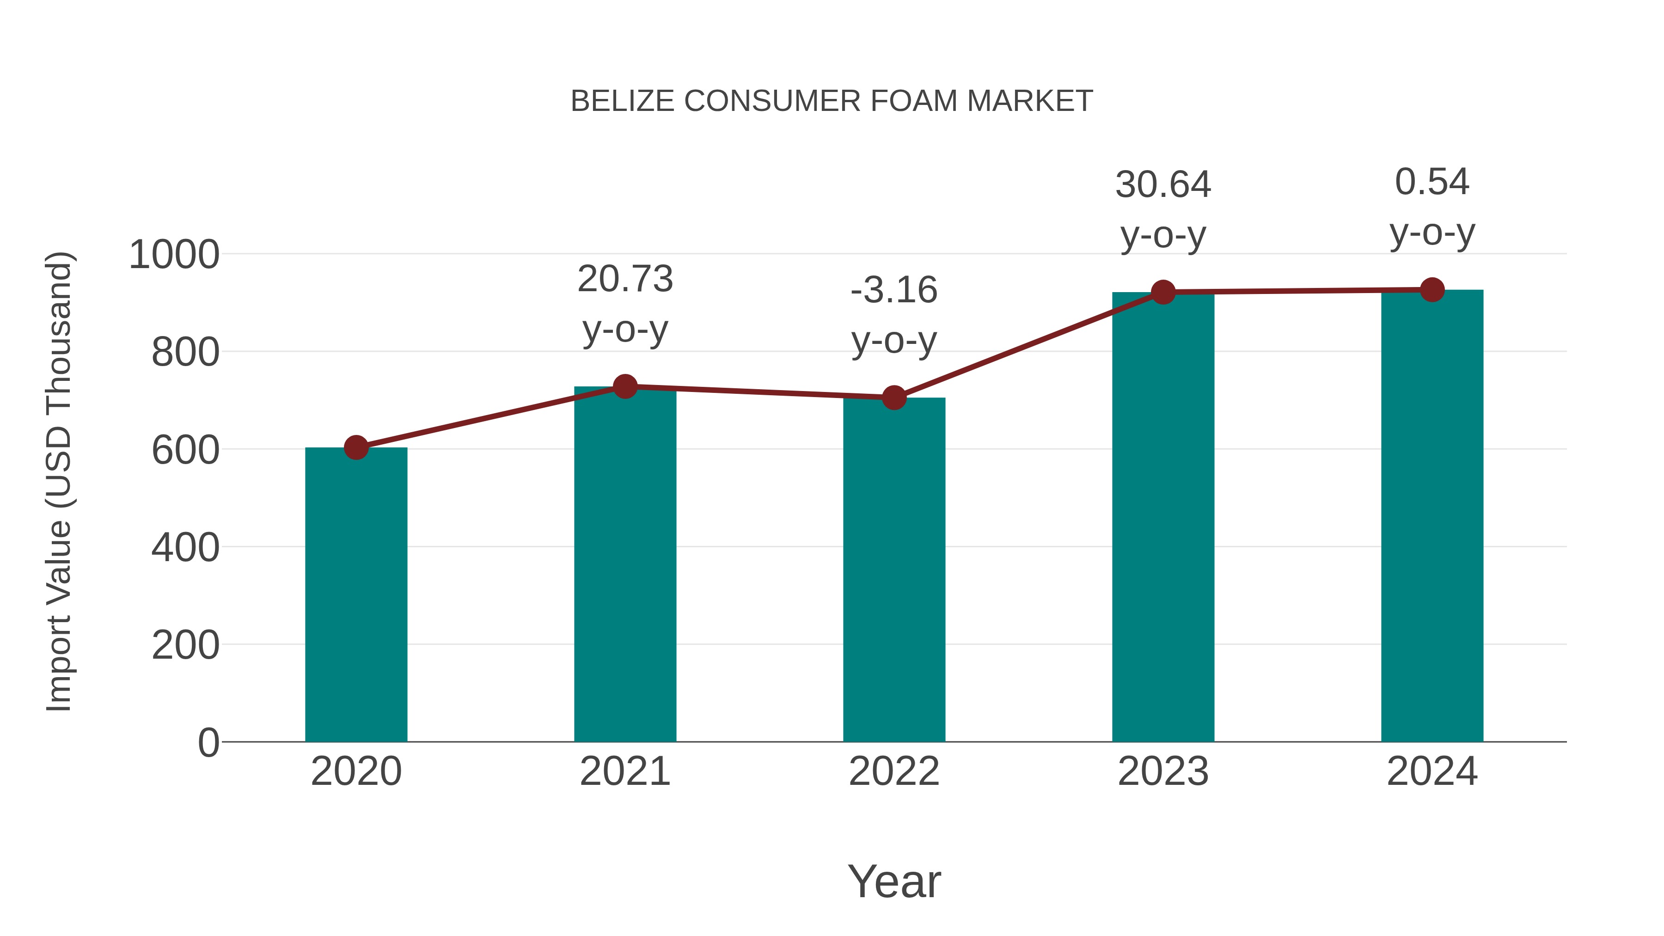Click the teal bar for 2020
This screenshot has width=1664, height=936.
356,594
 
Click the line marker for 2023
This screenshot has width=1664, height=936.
1163,292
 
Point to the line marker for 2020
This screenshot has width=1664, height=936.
356,447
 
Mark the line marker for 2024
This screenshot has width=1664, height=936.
1432,290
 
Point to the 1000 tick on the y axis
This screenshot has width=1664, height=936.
174,255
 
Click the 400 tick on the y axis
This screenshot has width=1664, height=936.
185,548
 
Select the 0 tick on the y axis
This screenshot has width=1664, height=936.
208,742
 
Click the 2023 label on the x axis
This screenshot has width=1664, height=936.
1163,771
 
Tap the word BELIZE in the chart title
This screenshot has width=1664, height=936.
623,101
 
